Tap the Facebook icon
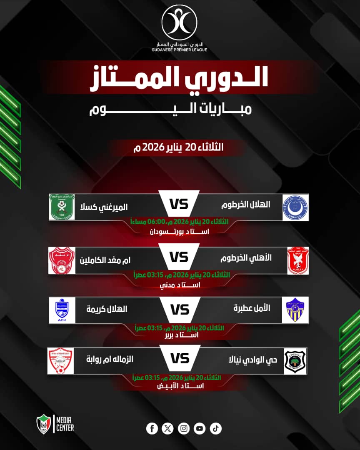pyautogui.click(x=152, y=428)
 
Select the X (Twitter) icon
pyautogui.click(x=167, y=428)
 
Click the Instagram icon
pyautogui.click(x=184, y=428)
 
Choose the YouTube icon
pyautogui.click(x=200, y=428)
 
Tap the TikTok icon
pyautogui.click(x=216, y=428)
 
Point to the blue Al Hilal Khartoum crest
pyautogui.click(x=295, y=207)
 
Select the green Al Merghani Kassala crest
pyautogui.click(x=61, y=207)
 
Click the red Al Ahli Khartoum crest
pyautogui.click(x=297, y=260)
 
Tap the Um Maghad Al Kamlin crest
pyautogui.click(x=62, y=260)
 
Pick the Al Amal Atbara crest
pyautogui.click(x=295, y=310)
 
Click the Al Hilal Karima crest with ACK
pyautogui.click(x=62, y=310)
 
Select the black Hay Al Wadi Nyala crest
pyautogui.click(x=295, y=360)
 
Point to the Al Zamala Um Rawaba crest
pyautogui.click(x=61, y=360)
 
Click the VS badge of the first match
pyautogui.click(x=179, y=205)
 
